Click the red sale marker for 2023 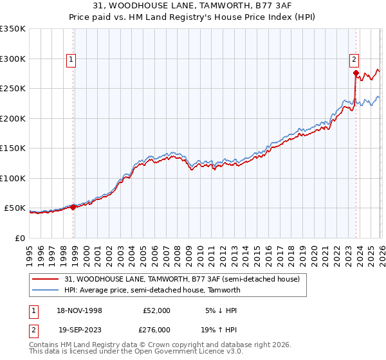point(356,73)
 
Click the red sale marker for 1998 point(73,207)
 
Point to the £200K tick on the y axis point(13,118)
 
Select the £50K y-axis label point(15,208)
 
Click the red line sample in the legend point(46,279)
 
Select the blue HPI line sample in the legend point(46,290)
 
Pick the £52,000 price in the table point(156,310)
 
